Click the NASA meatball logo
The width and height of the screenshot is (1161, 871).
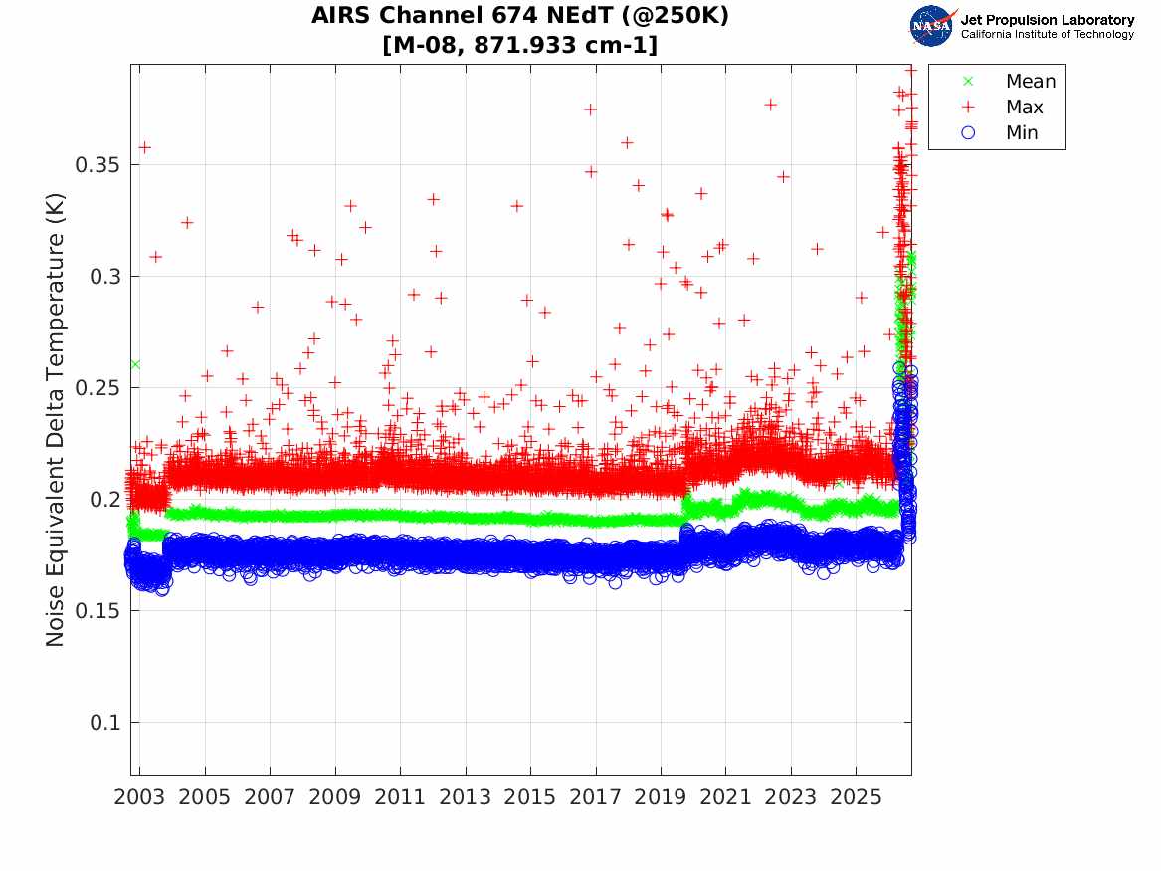(x=932, y=26)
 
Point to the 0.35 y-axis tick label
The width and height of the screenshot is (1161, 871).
(x=97, y=164)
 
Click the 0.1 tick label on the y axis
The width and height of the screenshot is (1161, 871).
(x=104, y=722)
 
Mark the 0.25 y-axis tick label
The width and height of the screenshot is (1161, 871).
(x=97, y=387)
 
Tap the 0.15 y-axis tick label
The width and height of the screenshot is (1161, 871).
(x=97, y=610)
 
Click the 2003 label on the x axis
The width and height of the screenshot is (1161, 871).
(x=139, y=797)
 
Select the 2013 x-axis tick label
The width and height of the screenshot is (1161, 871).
(x=465, y=797)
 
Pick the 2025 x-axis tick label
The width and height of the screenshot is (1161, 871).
(x=856, y=797)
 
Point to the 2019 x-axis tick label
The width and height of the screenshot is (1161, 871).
(x=661, y=797)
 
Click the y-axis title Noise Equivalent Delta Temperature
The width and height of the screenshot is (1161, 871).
(x=56, y=420)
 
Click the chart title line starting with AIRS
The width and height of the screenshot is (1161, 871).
(x=519, y=15)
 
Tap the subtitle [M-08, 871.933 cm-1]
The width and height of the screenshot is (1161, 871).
(x=519, y=45)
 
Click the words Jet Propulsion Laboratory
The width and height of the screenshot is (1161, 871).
(x=1048, y=20)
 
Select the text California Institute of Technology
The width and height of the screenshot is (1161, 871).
(x=1048, y=34)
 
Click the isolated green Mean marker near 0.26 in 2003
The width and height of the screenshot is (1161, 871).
(x=134, y=364)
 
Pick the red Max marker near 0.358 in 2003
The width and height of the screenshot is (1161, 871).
(x=145, y=147)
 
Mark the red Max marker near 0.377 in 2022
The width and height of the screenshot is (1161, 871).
(x=771, y=105)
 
